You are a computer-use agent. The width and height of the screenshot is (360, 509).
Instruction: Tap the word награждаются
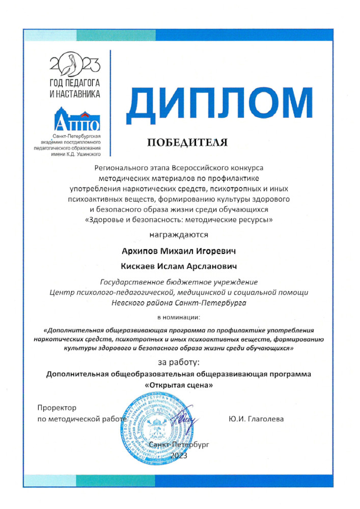pyautogui.click(x=178, y=235)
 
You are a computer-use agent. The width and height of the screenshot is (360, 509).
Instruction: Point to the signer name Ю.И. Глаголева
pyautogui.click(x=256, y=419)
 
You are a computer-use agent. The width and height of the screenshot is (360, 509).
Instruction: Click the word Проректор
pyautogui.click(x=57, y=408)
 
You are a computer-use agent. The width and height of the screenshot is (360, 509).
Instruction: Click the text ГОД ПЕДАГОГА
pyautogui.click(x=75, y=83)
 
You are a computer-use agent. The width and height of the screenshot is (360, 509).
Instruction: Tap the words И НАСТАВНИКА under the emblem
pyautogui.click(x=75, y=94)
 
